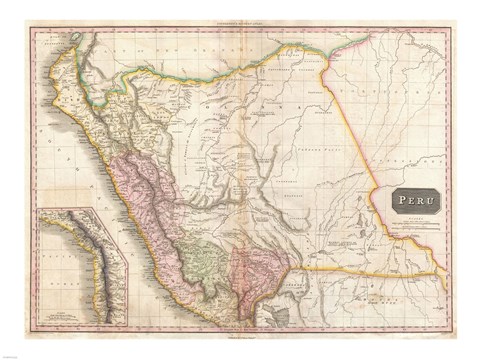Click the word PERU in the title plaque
[409, 200]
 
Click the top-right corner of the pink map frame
[452, 29]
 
